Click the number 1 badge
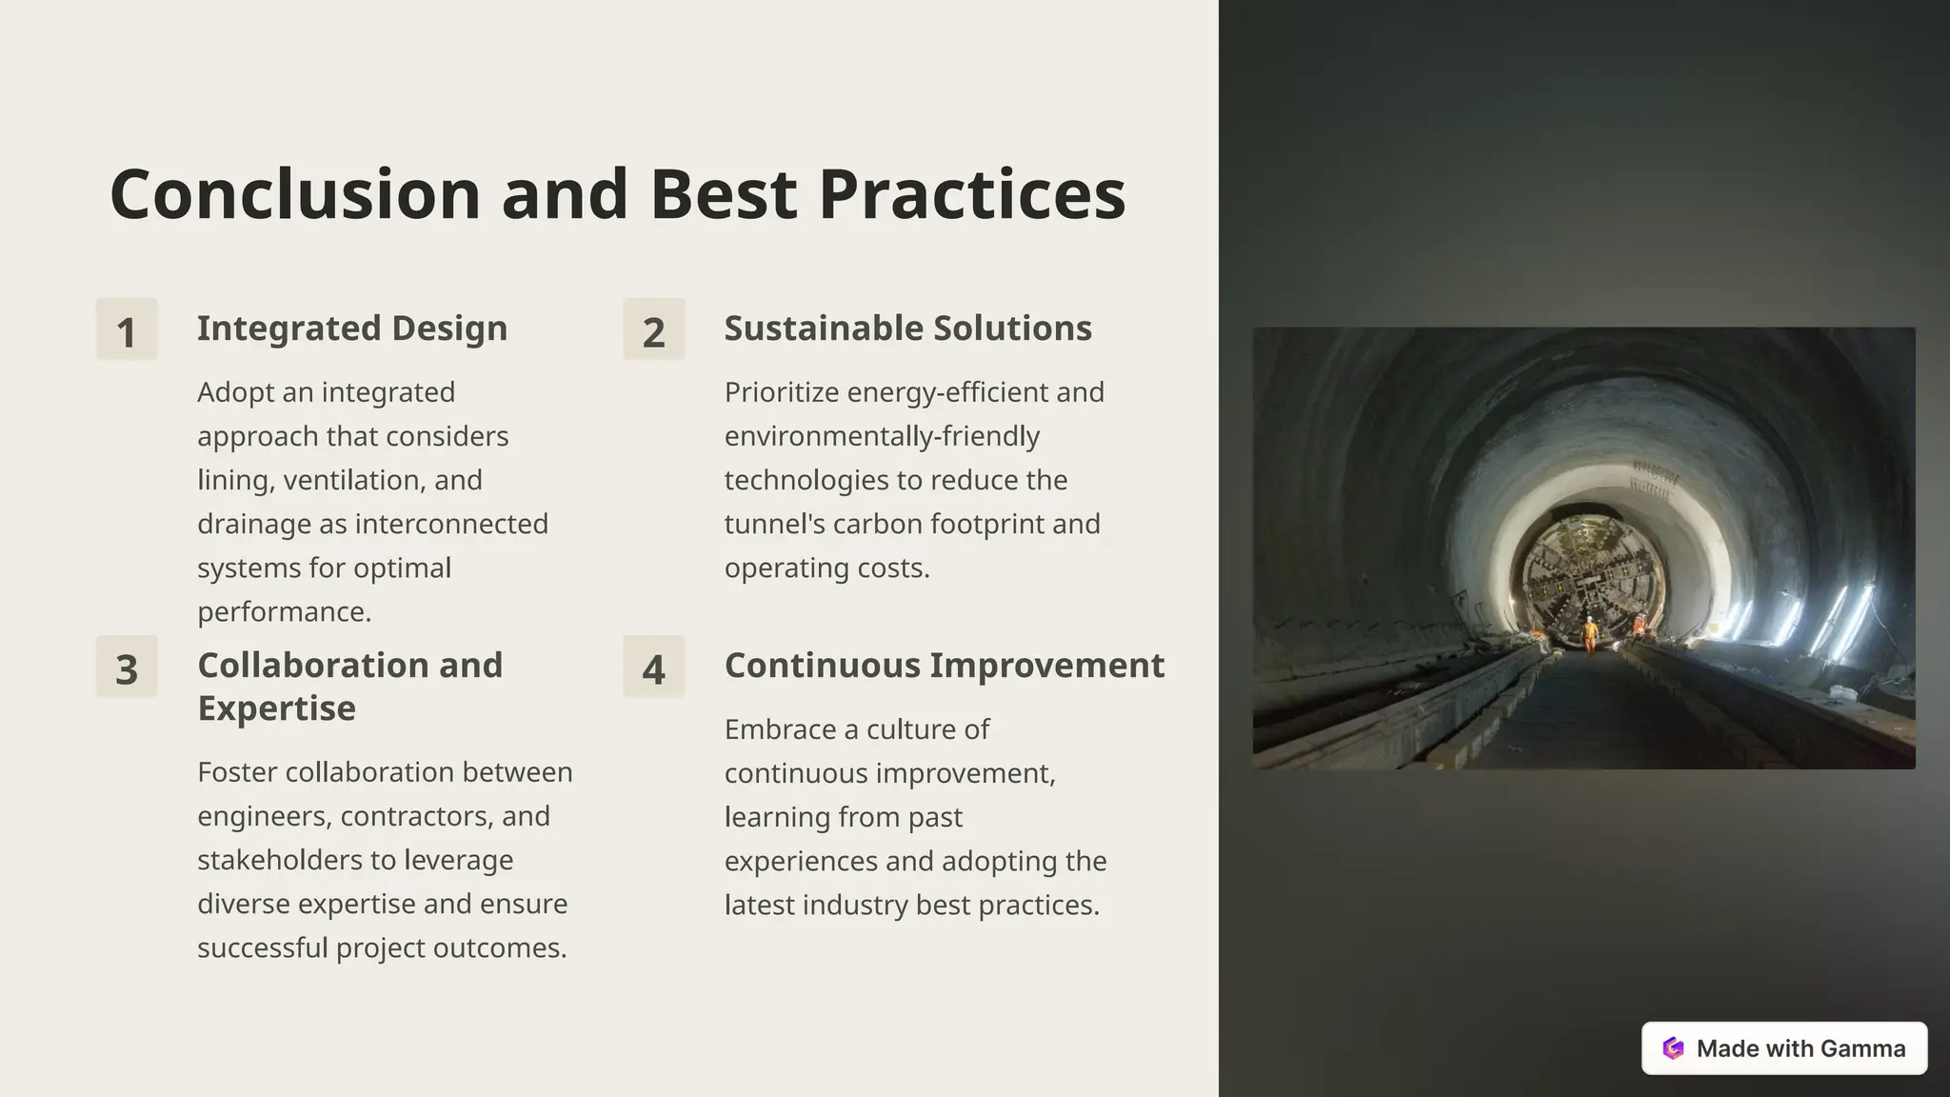point(127,329)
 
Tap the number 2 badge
point(653,329)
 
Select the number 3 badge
point(127,667)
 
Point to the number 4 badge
point(653,667)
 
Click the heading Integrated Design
point(352,329)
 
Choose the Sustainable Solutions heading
point(907,329)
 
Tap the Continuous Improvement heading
point(944,666)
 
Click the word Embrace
point(777,729)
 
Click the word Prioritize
point(781,392)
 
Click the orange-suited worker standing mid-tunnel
point(1589,633)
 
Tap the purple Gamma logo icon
point(1673,1048)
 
